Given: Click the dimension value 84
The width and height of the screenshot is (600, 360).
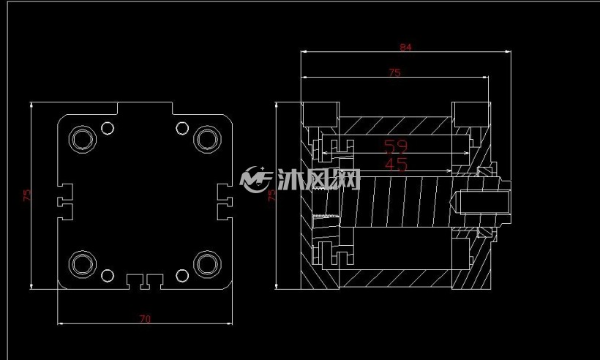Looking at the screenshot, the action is [405, 47].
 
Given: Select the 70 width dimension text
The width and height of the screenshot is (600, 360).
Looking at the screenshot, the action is [145, 319].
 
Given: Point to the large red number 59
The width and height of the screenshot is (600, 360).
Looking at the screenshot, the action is [396, 146].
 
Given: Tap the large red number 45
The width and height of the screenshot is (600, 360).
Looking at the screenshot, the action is [396, 165].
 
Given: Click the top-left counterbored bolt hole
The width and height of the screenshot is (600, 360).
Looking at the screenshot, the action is [82, 139].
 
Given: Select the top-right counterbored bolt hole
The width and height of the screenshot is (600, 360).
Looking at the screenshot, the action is [207, 139].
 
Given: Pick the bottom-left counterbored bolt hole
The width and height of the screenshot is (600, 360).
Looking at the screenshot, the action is [82, 264].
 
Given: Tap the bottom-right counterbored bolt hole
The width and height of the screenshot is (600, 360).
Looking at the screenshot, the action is [207, 264].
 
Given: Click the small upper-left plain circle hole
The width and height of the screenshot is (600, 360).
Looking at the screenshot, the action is [108, 128].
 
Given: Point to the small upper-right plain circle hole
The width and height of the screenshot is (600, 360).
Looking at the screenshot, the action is [182, 128].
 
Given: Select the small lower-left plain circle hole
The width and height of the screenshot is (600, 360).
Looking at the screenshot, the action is [108, 275].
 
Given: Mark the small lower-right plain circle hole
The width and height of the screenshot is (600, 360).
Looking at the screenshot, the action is [182, 275].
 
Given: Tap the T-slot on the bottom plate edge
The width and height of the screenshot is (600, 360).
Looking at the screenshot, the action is [145, 282].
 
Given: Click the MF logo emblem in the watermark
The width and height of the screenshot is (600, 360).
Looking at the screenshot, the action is [255, 179].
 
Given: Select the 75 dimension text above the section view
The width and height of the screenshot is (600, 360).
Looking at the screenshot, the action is [394, 72].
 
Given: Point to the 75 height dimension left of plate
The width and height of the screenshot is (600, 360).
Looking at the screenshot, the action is [27, 195].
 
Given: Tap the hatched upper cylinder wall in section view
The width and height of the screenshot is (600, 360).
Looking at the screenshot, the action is [395, 125].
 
